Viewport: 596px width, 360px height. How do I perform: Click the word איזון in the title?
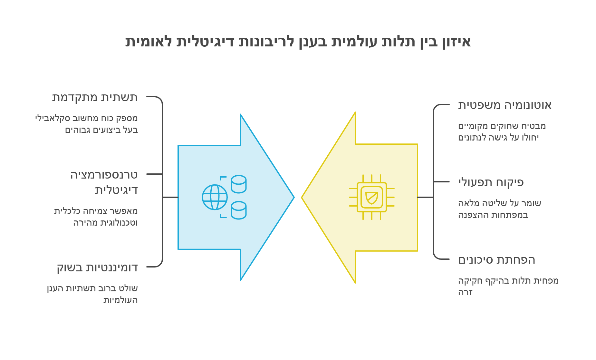coord(457,42)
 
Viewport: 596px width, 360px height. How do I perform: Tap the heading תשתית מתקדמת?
coord(95,97)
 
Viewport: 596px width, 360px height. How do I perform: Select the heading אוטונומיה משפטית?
coord(505,105)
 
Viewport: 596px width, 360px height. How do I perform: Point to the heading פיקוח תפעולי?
coord(491,183)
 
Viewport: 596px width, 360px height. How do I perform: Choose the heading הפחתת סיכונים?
coord(496,260)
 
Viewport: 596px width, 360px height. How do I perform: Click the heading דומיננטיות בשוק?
coord(97,268)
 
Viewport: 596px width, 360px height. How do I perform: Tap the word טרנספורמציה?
coord(104,175)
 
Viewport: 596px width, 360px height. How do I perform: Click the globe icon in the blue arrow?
coord(215,197)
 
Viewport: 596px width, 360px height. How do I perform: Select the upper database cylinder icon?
coord(239,184)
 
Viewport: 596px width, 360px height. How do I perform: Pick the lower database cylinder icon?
coord(239,210)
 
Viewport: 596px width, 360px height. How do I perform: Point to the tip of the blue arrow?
coord(294,197)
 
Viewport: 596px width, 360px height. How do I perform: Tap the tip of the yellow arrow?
coord(302,198)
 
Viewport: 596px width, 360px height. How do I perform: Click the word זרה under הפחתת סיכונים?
coord(465,293)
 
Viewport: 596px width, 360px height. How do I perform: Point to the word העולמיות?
coord(120,300)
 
